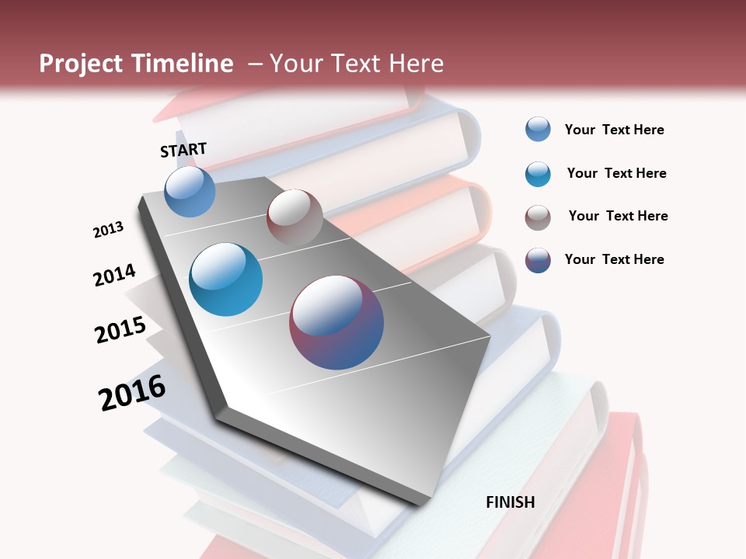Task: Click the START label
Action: (183, 149)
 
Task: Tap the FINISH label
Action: (511, 502)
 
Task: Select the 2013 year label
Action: (109, 230)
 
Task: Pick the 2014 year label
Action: (114, 275)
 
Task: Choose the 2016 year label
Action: (132, 393)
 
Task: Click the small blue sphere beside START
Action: (190, 191)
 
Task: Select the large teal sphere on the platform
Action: (226, 279)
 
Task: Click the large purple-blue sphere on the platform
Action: (336, 322)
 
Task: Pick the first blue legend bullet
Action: (538, 129)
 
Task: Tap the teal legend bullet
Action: (538, 174)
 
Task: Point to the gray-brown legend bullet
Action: (538, 217)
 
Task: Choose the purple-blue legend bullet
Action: (538, 260)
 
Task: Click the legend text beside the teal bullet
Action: (616, 173)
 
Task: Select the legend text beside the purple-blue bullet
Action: (614, 259)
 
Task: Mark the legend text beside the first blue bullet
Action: (614, 130)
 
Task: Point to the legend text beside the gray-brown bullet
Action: (618, 216)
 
